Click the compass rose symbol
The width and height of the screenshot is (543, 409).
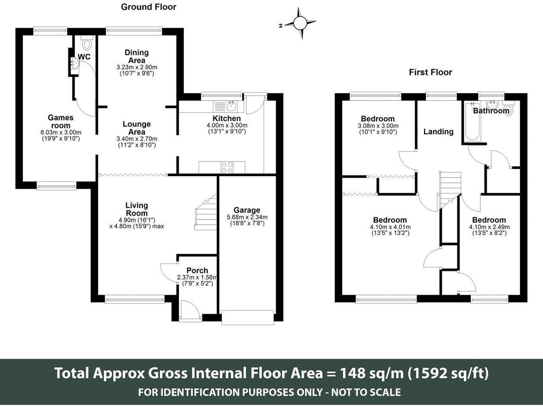click(300, 23)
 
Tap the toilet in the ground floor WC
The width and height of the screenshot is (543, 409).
click(87, 43)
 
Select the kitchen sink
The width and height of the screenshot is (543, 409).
click(225, 106)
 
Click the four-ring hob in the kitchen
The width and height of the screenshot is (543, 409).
click(227, 167)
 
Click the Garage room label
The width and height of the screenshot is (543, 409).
click(247, 210)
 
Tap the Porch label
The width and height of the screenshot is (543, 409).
click(197, 271)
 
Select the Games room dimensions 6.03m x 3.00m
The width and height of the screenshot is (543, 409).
click(61, 132)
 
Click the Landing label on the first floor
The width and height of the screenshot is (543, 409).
click(438, 132)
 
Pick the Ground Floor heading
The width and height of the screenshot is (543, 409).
click(148, 7)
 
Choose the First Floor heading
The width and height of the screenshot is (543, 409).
click(431, 72)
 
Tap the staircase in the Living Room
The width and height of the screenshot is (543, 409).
click(206, 212)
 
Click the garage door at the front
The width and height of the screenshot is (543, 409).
click(247, 317)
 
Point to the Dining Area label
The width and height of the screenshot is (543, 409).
click(137, 56)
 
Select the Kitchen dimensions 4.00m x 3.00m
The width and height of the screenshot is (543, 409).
click(227, 126)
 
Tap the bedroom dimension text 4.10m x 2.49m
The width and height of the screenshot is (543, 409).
click(489, 227)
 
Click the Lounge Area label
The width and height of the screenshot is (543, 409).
click(137, 128)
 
